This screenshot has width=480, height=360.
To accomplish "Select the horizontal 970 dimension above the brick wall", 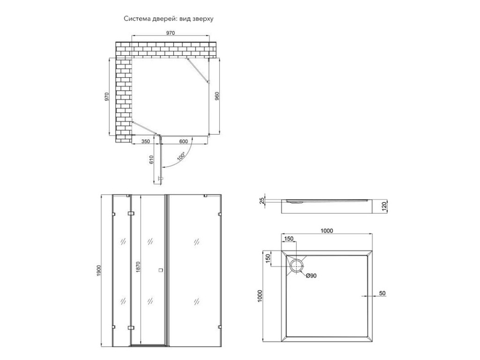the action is [x=171, y=33].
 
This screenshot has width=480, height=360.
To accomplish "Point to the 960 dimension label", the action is [x=217, y=96].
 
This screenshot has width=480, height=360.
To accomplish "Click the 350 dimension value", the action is [x=146, y=141].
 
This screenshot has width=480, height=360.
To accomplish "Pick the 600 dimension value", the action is [x=183, y=141].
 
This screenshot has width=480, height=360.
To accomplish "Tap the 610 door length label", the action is [x=151, y=160].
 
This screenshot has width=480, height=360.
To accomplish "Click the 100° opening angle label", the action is [x=181, y=157].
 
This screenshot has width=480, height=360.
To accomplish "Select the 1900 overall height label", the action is [x=98, y=270].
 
